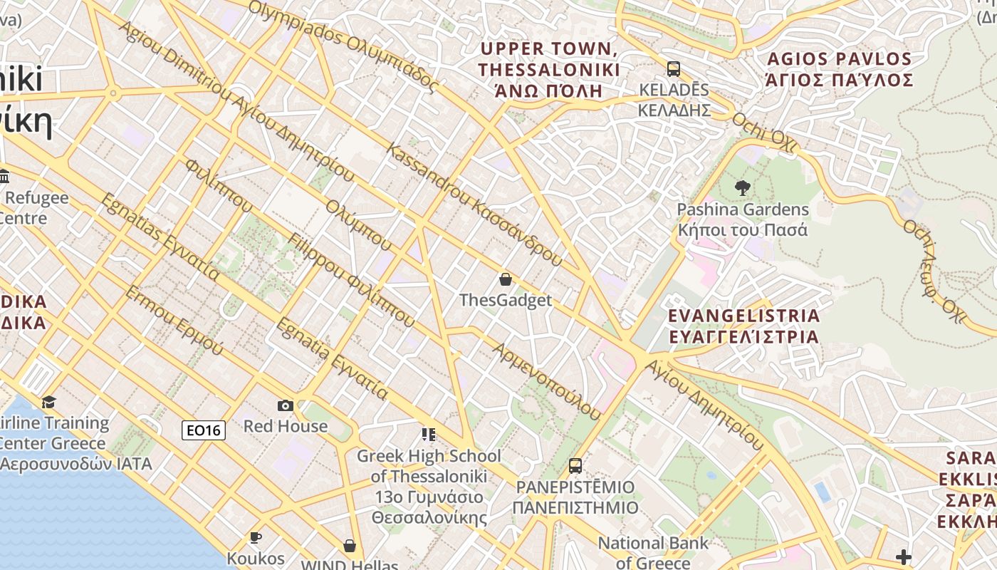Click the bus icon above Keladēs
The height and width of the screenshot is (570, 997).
[x=673, y=69]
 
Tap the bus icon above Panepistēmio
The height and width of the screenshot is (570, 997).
[x=575, y=466]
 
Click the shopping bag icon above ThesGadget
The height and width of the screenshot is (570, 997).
[x=505, y=279]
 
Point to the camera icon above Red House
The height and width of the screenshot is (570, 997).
[x=285, y=405]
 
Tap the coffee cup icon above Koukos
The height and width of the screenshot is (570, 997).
[x=255, y=537]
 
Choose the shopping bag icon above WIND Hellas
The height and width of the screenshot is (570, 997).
[x=349, y=546]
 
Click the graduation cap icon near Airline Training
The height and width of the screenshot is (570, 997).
[x=48, y=403]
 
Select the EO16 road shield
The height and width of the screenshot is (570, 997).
[x=204, y=430]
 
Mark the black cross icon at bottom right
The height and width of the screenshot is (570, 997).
[x=904, y=556]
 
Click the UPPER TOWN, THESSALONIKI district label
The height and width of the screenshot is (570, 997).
[x=548, y=70]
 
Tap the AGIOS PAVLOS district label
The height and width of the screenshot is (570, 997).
[x=839, y=69]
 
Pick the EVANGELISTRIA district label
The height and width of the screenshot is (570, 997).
[x=743, y=326]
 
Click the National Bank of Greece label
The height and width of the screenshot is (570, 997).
[x=653, y=552]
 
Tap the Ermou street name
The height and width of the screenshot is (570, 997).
[x=174, y=321]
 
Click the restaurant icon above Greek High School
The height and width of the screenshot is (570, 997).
[x=428, y=434]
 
